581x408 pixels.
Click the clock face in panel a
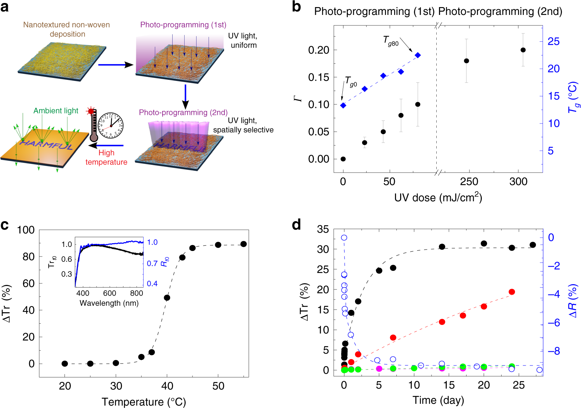pos(111,126)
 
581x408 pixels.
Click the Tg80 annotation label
pos(390,41)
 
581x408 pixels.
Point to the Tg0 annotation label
pos(351,82)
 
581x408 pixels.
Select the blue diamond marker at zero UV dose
pos(343,105)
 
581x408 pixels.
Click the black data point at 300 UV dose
pos(523,50)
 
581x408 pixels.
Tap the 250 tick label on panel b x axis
pos(469,182)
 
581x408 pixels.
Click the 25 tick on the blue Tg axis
pos(553,41)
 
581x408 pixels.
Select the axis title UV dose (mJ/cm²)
pos(438,198)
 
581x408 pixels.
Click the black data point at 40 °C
pos(167,298)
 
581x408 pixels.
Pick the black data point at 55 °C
pos(244,244)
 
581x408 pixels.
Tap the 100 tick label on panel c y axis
pos(26,230)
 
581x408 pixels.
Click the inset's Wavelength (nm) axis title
pos(109,303)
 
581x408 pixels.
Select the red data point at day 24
pos(512,292)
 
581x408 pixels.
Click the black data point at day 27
pos(533,245)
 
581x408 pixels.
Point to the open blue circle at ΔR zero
pos(344,238)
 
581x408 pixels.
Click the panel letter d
pos(296,225)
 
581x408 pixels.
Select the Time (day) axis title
pos(438,400)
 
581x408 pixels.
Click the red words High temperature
pos(106,157)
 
